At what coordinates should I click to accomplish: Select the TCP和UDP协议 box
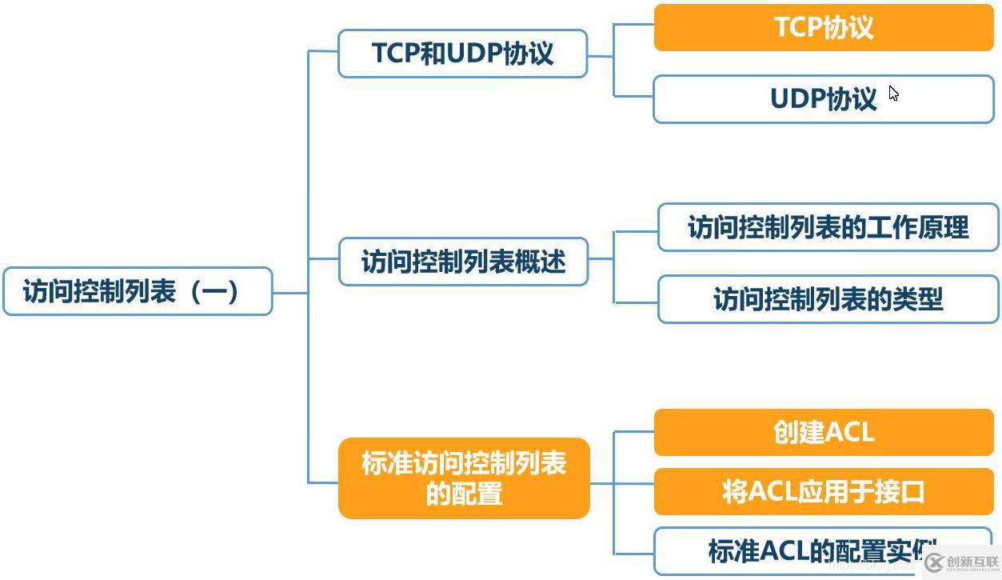[462, 54]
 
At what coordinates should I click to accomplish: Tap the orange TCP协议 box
[824, 28]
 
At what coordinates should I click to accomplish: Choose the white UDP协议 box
[824, 99]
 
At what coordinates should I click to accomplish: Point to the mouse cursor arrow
[893, 94]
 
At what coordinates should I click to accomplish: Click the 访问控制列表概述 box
[463, 262]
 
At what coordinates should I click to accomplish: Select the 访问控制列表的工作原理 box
[828, 227]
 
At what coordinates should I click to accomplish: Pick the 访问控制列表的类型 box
[828, 299]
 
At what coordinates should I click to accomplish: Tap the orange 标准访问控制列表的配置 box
[464, 478]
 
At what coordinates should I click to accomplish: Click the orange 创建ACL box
[824, 433]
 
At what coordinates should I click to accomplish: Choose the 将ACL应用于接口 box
[824, 491]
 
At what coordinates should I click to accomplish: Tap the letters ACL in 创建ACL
[849, 433]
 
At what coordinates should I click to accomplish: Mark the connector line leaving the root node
[290, 292]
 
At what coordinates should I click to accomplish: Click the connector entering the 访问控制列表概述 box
[323, 258]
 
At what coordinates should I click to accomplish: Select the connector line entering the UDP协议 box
[633, 97]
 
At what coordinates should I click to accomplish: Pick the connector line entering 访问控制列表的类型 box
[636, 302]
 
